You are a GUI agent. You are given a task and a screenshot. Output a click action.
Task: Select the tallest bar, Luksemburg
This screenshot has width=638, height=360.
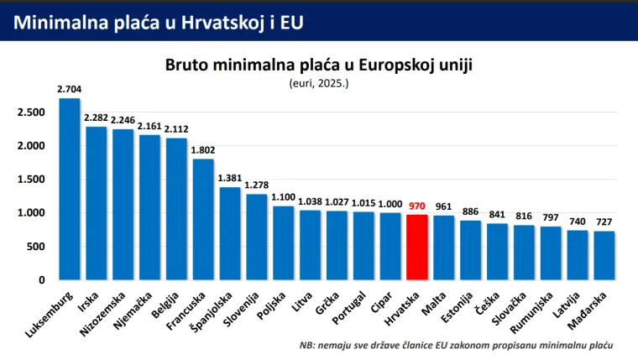coord(70,189)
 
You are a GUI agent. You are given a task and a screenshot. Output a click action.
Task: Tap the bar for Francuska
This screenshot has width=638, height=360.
coord(203,219)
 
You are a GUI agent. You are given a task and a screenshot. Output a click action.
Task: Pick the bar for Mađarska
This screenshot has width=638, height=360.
coord(604,255)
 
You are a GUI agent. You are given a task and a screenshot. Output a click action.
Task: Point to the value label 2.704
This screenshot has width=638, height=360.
coord(70,88)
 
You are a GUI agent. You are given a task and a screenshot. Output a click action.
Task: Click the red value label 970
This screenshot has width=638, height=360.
coord(417,205)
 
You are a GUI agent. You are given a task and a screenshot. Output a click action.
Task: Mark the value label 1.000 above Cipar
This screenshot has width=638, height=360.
coord(390,202)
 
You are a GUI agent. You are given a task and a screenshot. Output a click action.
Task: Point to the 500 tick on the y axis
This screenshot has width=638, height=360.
coord(36,247)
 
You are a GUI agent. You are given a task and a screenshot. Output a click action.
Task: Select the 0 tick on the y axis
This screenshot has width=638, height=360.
coord(41,280)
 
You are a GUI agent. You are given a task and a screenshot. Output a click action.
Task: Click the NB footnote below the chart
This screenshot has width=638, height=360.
coord(456,345)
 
